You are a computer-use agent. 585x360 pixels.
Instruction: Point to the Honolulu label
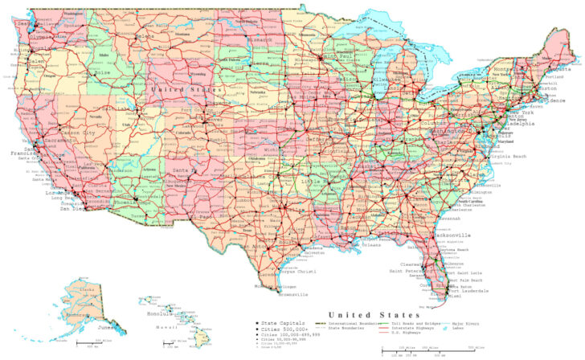(153, 313)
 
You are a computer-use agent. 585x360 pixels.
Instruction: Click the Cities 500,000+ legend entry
(281, 329)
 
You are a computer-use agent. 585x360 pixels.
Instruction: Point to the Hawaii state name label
(169, 328)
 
